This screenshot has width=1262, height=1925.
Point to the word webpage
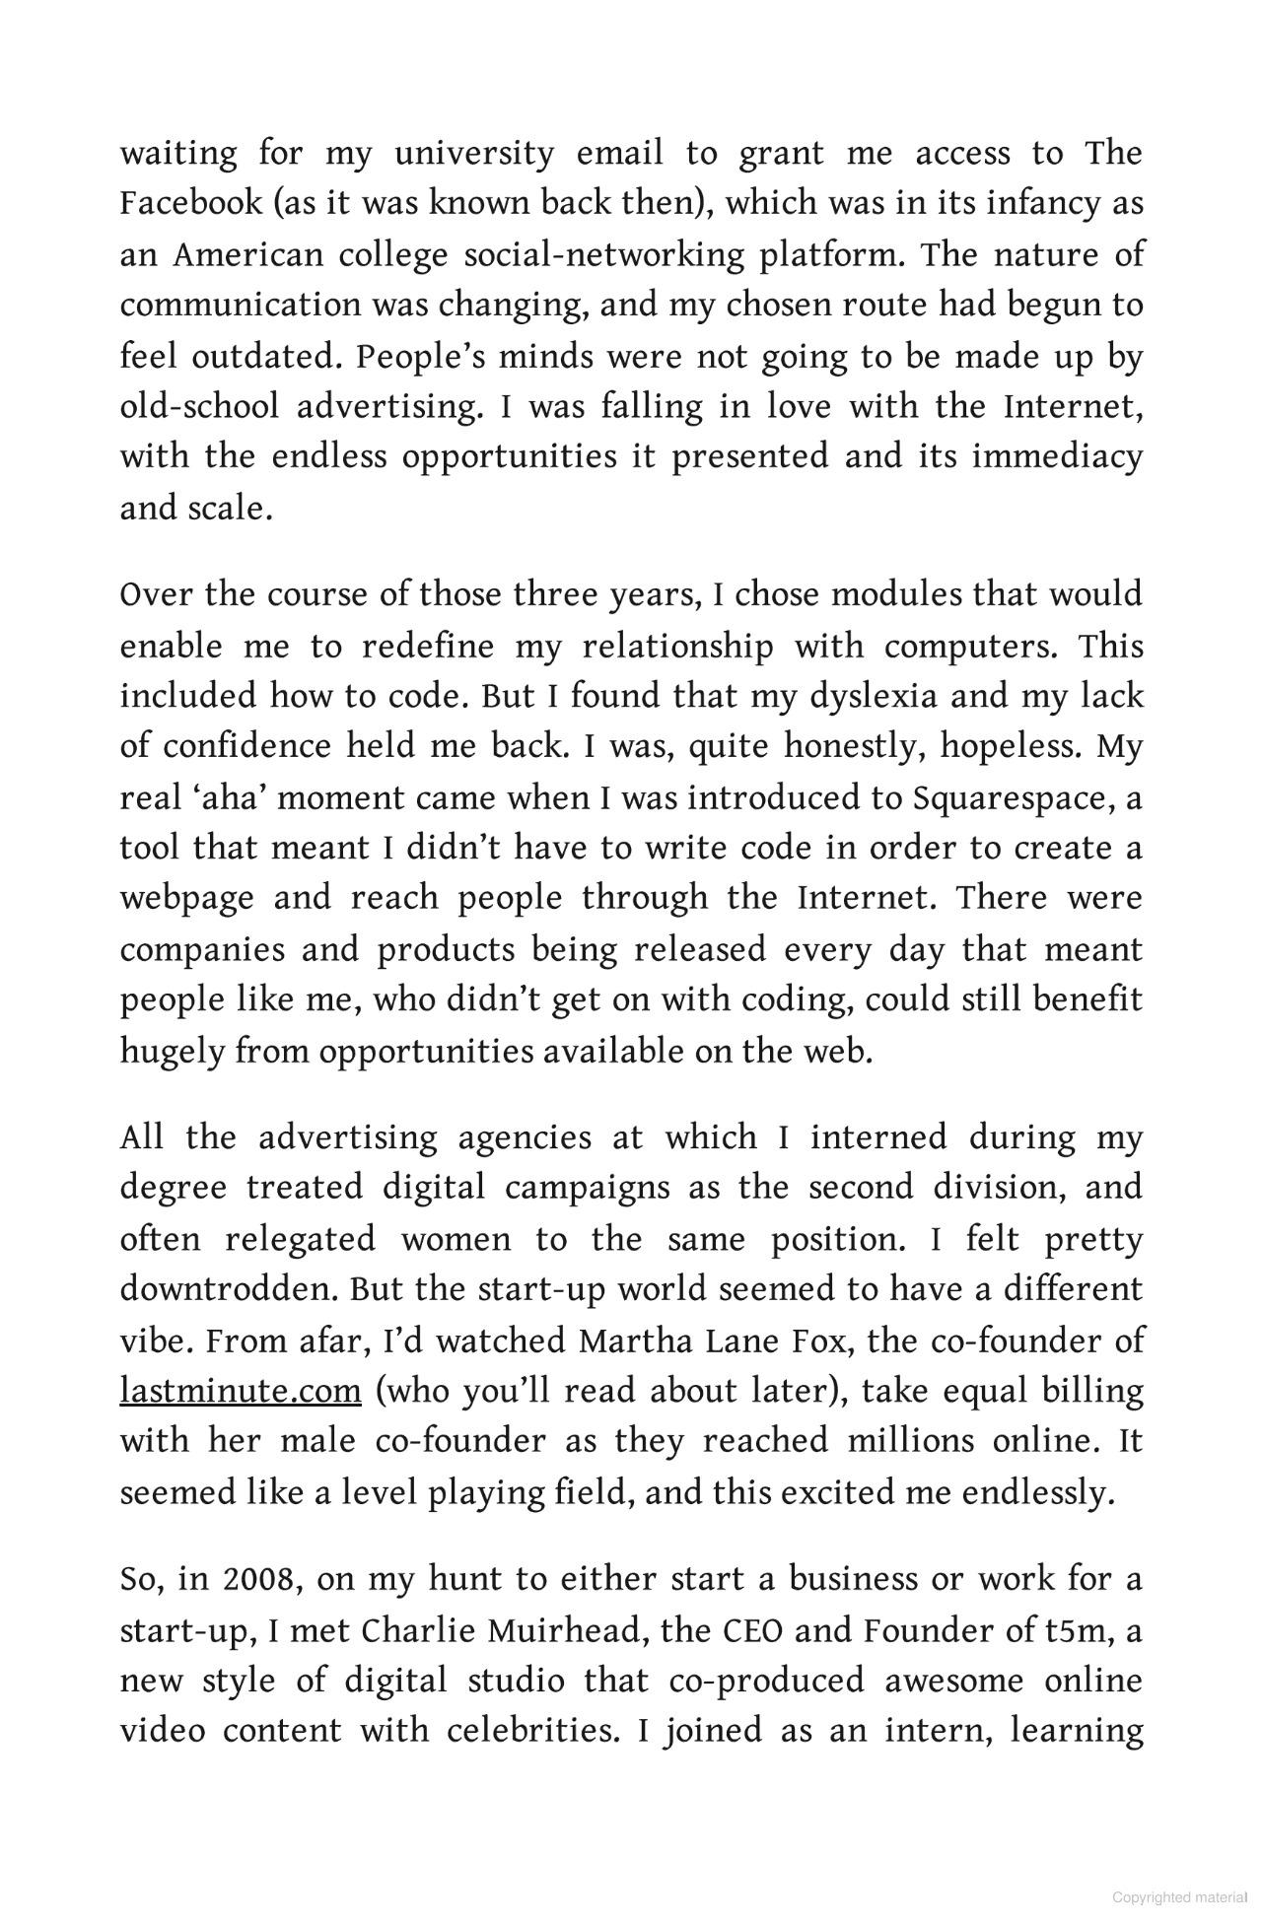point(186,898)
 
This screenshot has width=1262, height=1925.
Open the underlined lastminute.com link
point(241,1391)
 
